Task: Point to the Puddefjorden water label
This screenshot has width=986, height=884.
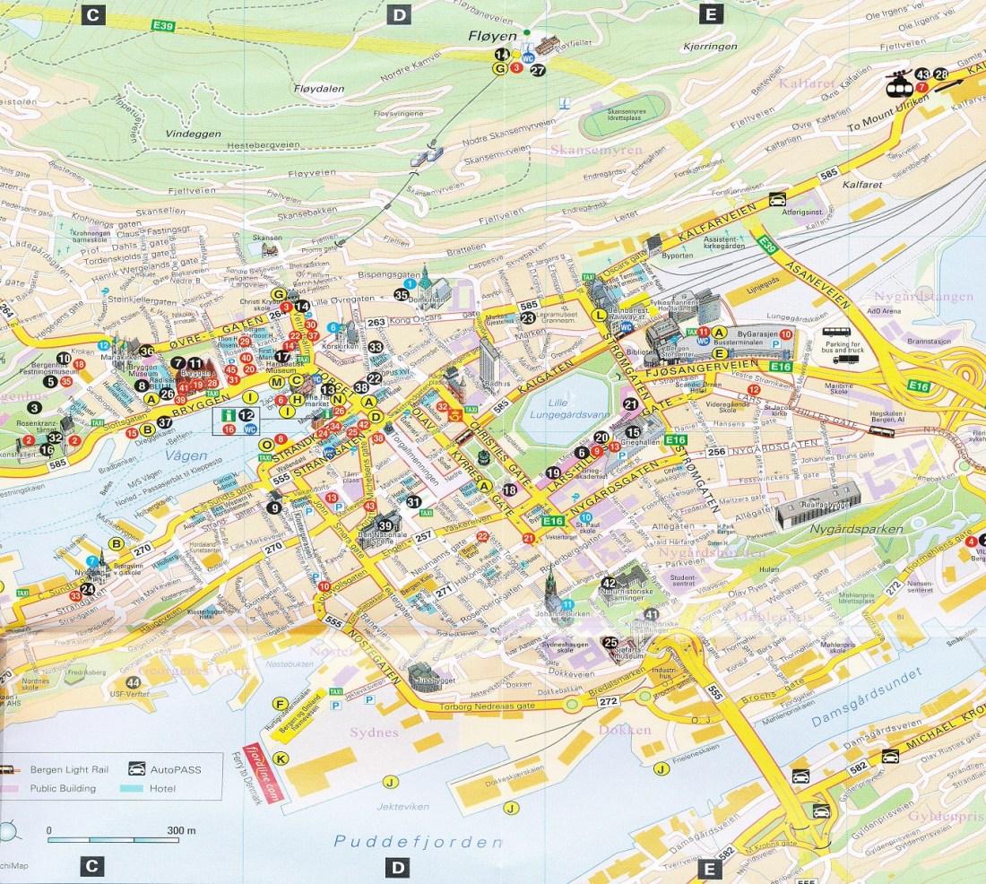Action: [x=417, y=842]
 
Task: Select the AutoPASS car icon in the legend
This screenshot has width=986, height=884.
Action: [x=135, y=769]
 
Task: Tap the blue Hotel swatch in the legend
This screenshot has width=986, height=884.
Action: [x=135, y=789]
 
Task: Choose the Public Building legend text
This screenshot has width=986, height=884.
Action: [x=63, y=789]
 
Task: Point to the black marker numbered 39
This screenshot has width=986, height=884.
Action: [x=386, y=525]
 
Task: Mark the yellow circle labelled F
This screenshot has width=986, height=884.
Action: [x=280, y=703]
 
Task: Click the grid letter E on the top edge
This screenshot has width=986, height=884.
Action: [x=711, y=14]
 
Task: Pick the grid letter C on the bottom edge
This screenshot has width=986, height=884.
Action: [x=91, y=866]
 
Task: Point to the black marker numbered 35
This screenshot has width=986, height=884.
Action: [x=401, y=294]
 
